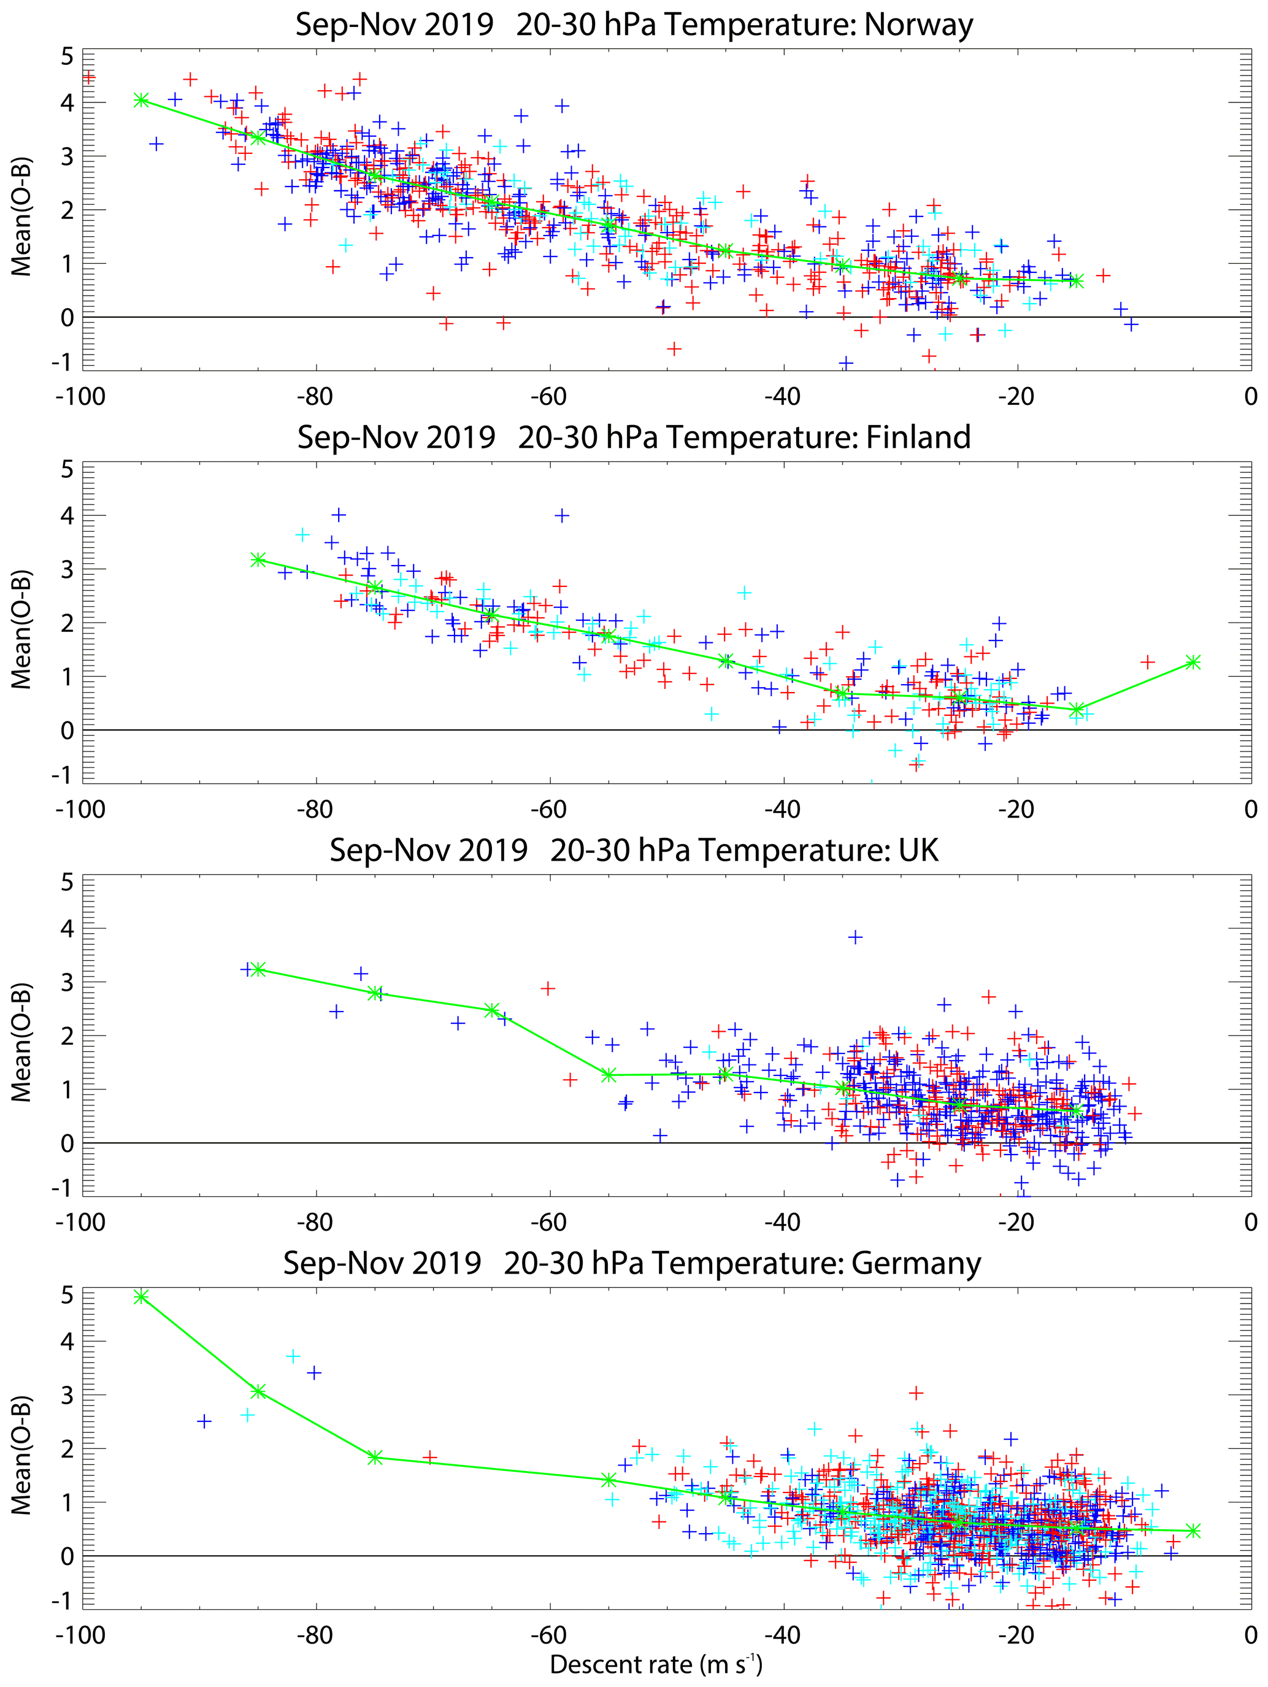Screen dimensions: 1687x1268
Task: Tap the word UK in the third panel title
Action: pos(918,850)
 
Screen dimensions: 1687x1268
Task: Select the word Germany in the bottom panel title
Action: pos(916,1264)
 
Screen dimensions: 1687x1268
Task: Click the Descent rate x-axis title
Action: pos(656,1664)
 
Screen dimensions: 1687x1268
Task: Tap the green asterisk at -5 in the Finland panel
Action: pos(1193,663)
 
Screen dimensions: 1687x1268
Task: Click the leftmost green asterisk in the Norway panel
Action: pos(141,100)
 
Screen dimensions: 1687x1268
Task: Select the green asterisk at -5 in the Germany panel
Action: pos(1193,1531)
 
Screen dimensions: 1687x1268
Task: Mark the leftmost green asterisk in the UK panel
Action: pos(258,969)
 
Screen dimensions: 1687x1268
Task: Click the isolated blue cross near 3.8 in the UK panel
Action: pos(856,937)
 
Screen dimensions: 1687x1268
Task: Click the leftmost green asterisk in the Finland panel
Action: pos(258,560)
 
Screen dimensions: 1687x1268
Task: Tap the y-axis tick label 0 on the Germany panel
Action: pos(67,1556)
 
